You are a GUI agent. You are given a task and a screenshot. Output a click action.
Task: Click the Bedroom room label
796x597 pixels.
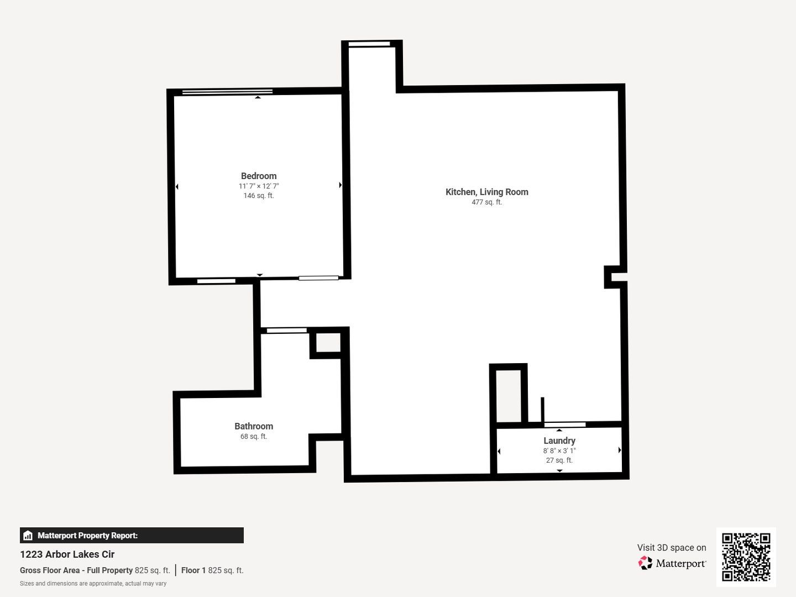(259, 176)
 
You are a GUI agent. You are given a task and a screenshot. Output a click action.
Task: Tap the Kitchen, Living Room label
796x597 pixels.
(486, 192)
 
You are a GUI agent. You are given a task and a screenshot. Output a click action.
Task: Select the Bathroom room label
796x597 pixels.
(254, 426)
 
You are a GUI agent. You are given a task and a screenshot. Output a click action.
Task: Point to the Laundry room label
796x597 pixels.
(559, 441)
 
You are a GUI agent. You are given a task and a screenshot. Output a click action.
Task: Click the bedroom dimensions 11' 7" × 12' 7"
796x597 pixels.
(259, 186)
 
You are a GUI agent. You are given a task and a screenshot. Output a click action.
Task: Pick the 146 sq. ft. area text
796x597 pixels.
(259, 196)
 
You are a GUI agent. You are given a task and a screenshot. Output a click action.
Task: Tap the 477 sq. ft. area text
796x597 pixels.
(486, 202)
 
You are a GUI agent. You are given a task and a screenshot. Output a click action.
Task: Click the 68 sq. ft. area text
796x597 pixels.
(254, 437)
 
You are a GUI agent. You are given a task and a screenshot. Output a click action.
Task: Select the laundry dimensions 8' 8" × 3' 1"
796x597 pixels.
(559, 451)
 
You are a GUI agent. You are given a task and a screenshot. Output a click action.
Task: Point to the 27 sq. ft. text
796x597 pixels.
(559, 460)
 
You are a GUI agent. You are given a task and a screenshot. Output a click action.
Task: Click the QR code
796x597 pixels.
(746, 557)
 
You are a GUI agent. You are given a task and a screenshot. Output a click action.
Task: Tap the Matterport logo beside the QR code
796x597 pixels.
(672, 563)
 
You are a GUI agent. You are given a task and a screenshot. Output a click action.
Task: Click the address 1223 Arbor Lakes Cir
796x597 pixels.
(67, 554)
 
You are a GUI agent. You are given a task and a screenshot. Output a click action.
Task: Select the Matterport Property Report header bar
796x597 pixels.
(132, 535)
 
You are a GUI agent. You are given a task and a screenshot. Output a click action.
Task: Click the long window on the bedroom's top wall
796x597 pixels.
(227, 92)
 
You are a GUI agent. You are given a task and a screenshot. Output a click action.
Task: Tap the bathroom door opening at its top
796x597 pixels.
(286, 331)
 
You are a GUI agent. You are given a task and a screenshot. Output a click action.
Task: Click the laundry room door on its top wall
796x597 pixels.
(564, 425)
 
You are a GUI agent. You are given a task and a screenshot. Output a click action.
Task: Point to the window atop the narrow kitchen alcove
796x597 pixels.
(369, 44)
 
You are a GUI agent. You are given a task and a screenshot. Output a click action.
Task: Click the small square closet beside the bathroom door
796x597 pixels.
(328, 343)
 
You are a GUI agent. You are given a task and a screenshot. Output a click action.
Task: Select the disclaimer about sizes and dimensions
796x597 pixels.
(93, 583)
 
